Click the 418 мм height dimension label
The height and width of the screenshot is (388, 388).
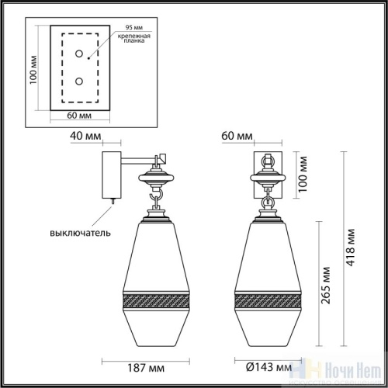pyautogui.click(x=351, y=244)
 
